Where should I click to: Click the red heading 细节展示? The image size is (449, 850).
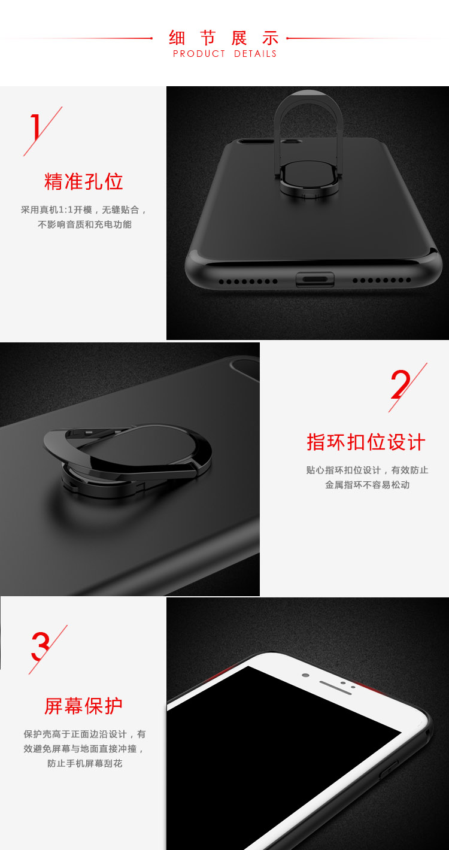coord(224,38)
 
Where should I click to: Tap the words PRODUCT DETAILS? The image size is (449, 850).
coord(224,54)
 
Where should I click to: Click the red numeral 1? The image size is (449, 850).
coord(36,127)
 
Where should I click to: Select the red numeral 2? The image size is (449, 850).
coord(401,384)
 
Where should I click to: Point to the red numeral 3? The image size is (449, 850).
coord(40,646)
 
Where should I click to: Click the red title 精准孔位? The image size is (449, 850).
coord(83,181)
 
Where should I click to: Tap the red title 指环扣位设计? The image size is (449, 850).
coord(366,442)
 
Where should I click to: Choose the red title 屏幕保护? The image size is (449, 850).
coord(83,706)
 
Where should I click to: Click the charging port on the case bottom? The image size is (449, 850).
coord(315,280)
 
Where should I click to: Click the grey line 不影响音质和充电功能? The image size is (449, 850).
coord(84,224)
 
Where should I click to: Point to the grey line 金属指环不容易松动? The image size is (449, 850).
coord(367,485)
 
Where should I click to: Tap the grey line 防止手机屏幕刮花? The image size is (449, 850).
coord(84,763)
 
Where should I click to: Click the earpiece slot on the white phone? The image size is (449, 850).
coord(335,688)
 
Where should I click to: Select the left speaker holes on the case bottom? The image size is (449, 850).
coord(248,281)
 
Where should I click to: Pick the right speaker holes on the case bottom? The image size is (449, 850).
coord(382,280)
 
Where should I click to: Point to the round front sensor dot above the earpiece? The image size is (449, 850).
coord(305,675)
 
